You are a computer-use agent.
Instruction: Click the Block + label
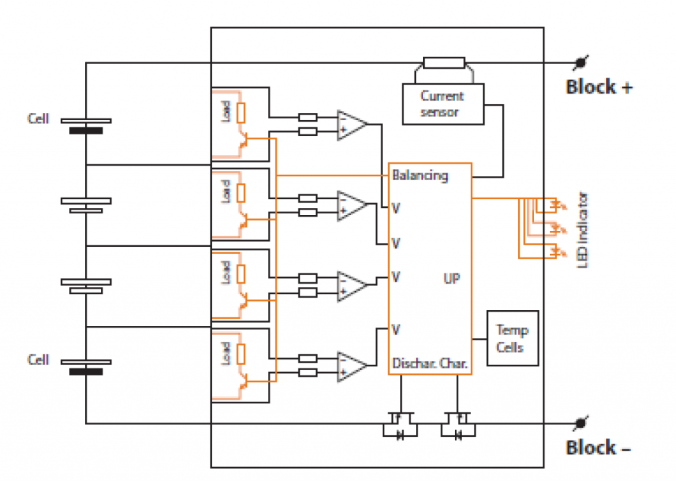click(x=599, y=87)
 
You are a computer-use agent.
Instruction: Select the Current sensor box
click(x=442, y=104)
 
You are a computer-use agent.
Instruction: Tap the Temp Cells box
click(x=512, y=338)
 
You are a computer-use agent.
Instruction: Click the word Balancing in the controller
click(x=420, y=176)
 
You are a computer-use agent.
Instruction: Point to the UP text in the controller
click(x=452, y=278)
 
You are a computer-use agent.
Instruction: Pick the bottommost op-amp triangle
click(x=351, y=366)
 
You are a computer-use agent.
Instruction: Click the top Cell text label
click(x=38, y=119)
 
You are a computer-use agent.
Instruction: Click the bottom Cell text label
click(x=38, y=360)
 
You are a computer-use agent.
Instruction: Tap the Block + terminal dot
click(x=580, y=63)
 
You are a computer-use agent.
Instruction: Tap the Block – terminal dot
click(x=580, y=423)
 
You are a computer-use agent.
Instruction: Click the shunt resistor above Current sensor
click(x=444, y=63)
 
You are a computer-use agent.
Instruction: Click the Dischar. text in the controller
click(x=413, y=364)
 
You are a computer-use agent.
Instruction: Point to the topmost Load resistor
click(x=241, y=113)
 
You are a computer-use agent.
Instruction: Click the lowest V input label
click(x=395, y=328)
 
